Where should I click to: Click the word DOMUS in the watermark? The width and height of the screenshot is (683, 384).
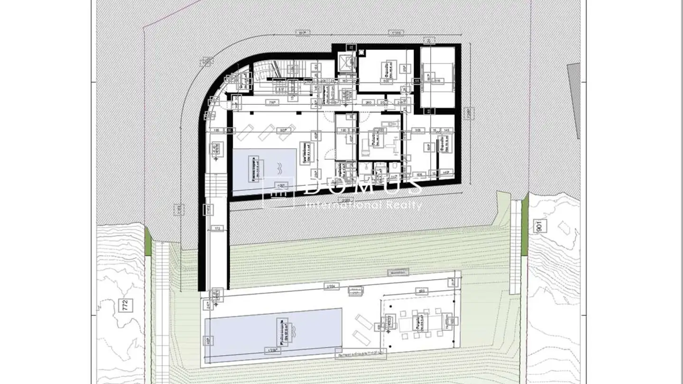point(362,186)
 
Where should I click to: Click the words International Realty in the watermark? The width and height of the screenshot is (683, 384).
point(364,205)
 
